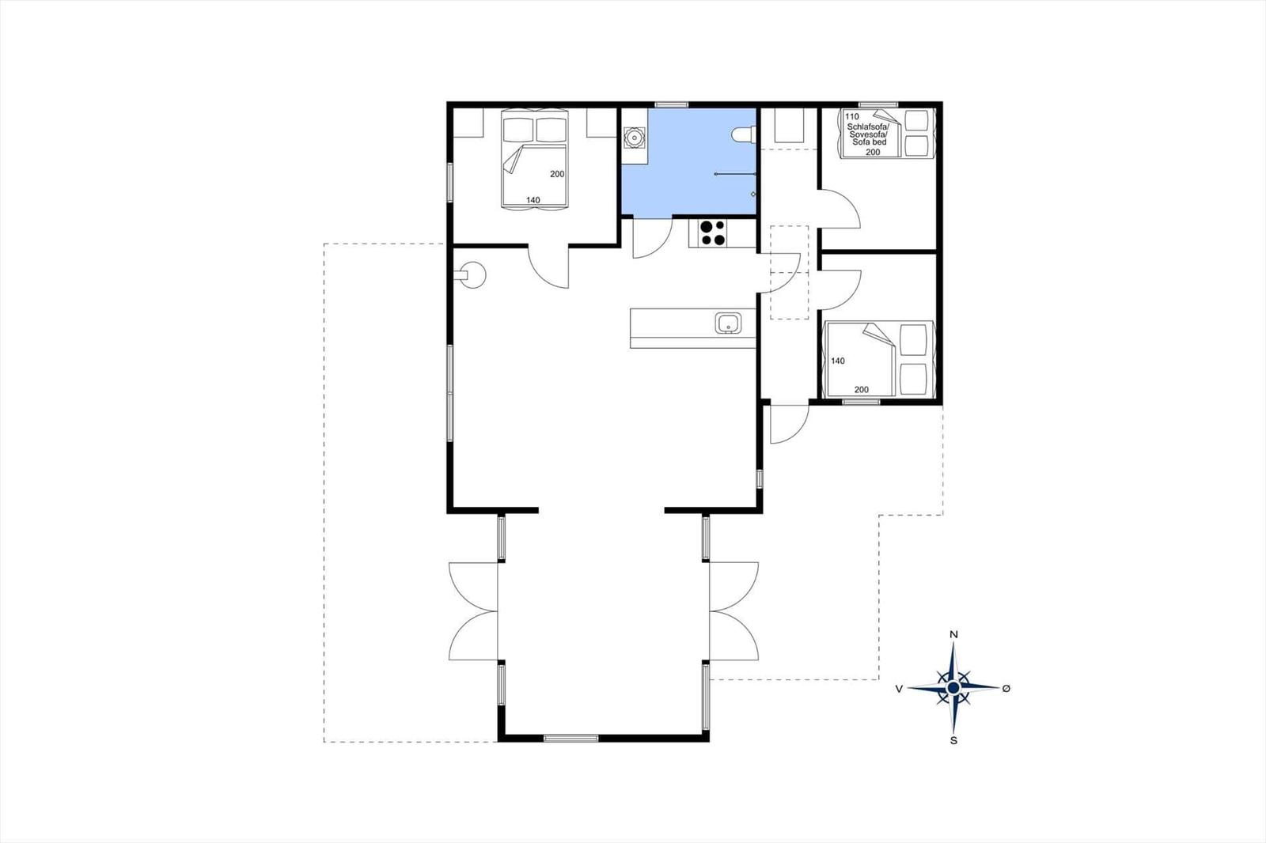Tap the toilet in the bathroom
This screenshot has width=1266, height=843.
tap(744, 135)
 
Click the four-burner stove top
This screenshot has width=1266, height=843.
tap(712, 232)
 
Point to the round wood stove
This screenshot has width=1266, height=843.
tap(472, 275)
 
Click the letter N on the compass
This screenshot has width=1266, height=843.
tap(953, 634)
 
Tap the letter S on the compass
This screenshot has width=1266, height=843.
tap(953, 741)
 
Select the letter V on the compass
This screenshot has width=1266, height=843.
tap(899, 688)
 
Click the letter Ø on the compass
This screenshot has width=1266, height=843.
tap(1006, 688)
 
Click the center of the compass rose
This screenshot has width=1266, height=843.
tap(953, 688)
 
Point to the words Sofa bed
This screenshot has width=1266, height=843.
tap(870, 142)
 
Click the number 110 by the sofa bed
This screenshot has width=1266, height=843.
tap(852, 116)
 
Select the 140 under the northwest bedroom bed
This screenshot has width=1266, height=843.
tap(533, 200)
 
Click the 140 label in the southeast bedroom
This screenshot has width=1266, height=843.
tap(838, 361)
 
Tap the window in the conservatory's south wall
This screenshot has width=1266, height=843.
tap(570, 738)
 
